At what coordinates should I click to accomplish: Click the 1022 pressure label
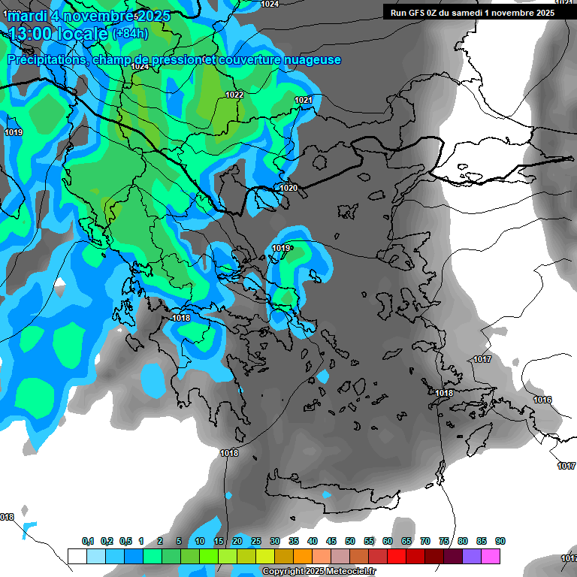(x=234, y=95)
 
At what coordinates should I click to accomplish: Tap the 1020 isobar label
(x=288, y=188)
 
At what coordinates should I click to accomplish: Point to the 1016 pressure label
(x=543, y=400)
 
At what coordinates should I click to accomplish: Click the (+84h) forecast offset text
(x=130, y=34)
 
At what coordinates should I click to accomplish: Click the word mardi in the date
(x=33, y=16)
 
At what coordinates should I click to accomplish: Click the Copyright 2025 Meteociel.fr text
(x=319, y=572)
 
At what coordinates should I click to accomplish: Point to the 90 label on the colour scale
(x=500, y=541)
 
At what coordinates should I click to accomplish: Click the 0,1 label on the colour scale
(x=88, y=541)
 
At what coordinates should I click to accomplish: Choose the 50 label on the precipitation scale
(x=350, y=541)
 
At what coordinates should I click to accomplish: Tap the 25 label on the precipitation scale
(x=256, y=541)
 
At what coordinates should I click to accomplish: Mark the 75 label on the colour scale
(x=444, y=541)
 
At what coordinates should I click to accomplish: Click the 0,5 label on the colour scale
(x=125, y=541)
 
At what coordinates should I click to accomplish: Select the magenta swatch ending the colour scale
(x=491, y=556)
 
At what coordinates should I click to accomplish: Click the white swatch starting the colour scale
(x=77, y=556)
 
